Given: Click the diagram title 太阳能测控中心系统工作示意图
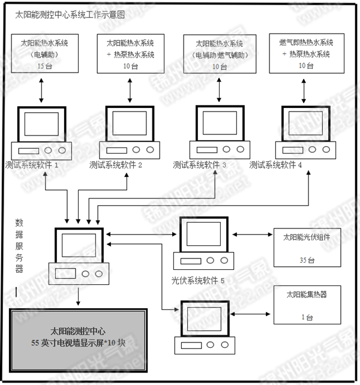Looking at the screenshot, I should pyautogui.click(x=71, y=15).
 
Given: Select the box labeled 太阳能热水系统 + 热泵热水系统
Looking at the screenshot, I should pyautogui.click(x=130, y=55).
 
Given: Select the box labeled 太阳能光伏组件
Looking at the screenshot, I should pyautogui.click(x=307, y=246).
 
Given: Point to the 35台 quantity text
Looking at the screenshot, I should pyautogui.click(x=307, y=260).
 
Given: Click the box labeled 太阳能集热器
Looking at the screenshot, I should pyautogui.click(x=307, y=304).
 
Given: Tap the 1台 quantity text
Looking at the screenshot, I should pyautogui.click(x=307, y=317).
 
